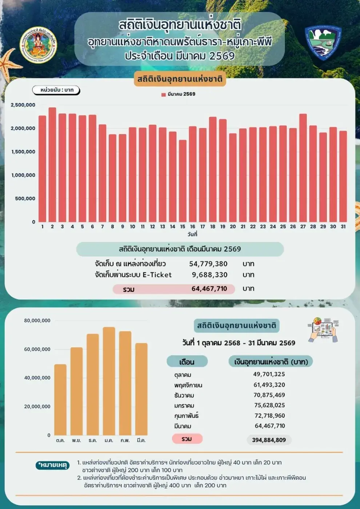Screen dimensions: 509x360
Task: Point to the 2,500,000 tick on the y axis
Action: point(23,105)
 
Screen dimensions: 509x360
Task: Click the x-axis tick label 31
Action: point(343,227)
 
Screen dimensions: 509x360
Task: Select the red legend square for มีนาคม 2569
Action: point(163,95)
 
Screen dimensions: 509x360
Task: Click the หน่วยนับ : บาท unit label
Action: point(56,90)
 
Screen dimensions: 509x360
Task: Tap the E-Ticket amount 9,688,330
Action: point(209,275)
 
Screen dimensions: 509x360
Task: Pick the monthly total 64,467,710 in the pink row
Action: point(209,289)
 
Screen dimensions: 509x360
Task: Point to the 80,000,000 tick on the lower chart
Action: point(37,321)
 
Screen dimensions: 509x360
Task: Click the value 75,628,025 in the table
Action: point(269,405)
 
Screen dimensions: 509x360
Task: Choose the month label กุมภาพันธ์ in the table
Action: point(186,416)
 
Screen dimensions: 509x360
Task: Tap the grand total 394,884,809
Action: point(269,440)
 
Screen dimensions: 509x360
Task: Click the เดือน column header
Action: point(187,362)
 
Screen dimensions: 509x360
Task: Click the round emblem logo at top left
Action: point(38,45)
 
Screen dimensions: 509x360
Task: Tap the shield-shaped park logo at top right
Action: point(323,43)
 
